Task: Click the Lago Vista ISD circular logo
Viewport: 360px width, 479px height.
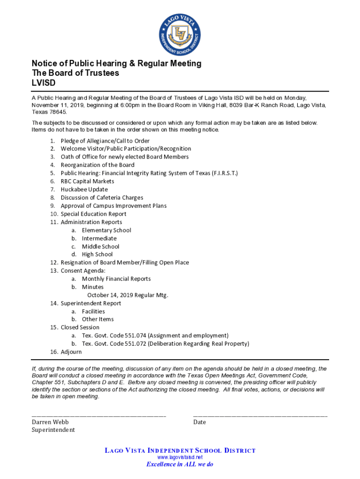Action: [x=180, y=34]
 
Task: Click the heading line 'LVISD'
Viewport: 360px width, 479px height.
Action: [x=43, y=83]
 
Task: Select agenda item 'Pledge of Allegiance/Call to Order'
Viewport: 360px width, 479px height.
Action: [x=105, y=141]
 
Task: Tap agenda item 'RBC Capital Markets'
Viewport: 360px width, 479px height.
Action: [x=87, y=181]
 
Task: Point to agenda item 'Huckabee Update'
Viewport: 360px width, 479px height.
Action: [x=84, y=189]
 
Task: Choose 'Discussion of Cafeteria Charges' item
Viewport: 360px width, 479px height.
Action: [x=101, y=198]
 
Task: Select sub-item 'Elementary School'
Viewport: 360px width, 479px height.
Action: [x=106, y=230]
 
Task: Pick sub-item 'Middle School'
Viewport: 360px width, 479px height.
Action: [x=101, y=247]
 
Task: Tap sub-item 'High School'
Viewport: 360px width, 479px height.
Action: [x=97, y=254]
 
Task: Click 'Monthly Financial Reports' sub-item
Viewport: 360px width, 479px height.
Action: [x=116, y=279]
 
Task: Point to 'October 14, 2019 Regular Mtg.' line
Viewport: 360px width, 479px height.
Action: [x=127, y=295]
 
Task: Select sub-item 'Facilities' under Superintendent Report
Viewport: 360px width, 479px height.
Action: [x=93, y=312]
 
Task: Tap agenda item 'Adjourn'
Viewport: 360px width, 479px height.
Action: [x=71, y=352]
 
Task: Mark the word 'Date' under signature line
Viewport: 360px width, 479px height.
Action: [x=200, y=422]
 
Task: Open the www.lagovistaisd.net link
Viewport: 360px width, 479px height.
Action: [x=180, y=457]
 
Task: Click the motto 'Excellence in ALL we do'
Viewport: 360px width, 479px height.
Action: [x=180, y=464]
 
